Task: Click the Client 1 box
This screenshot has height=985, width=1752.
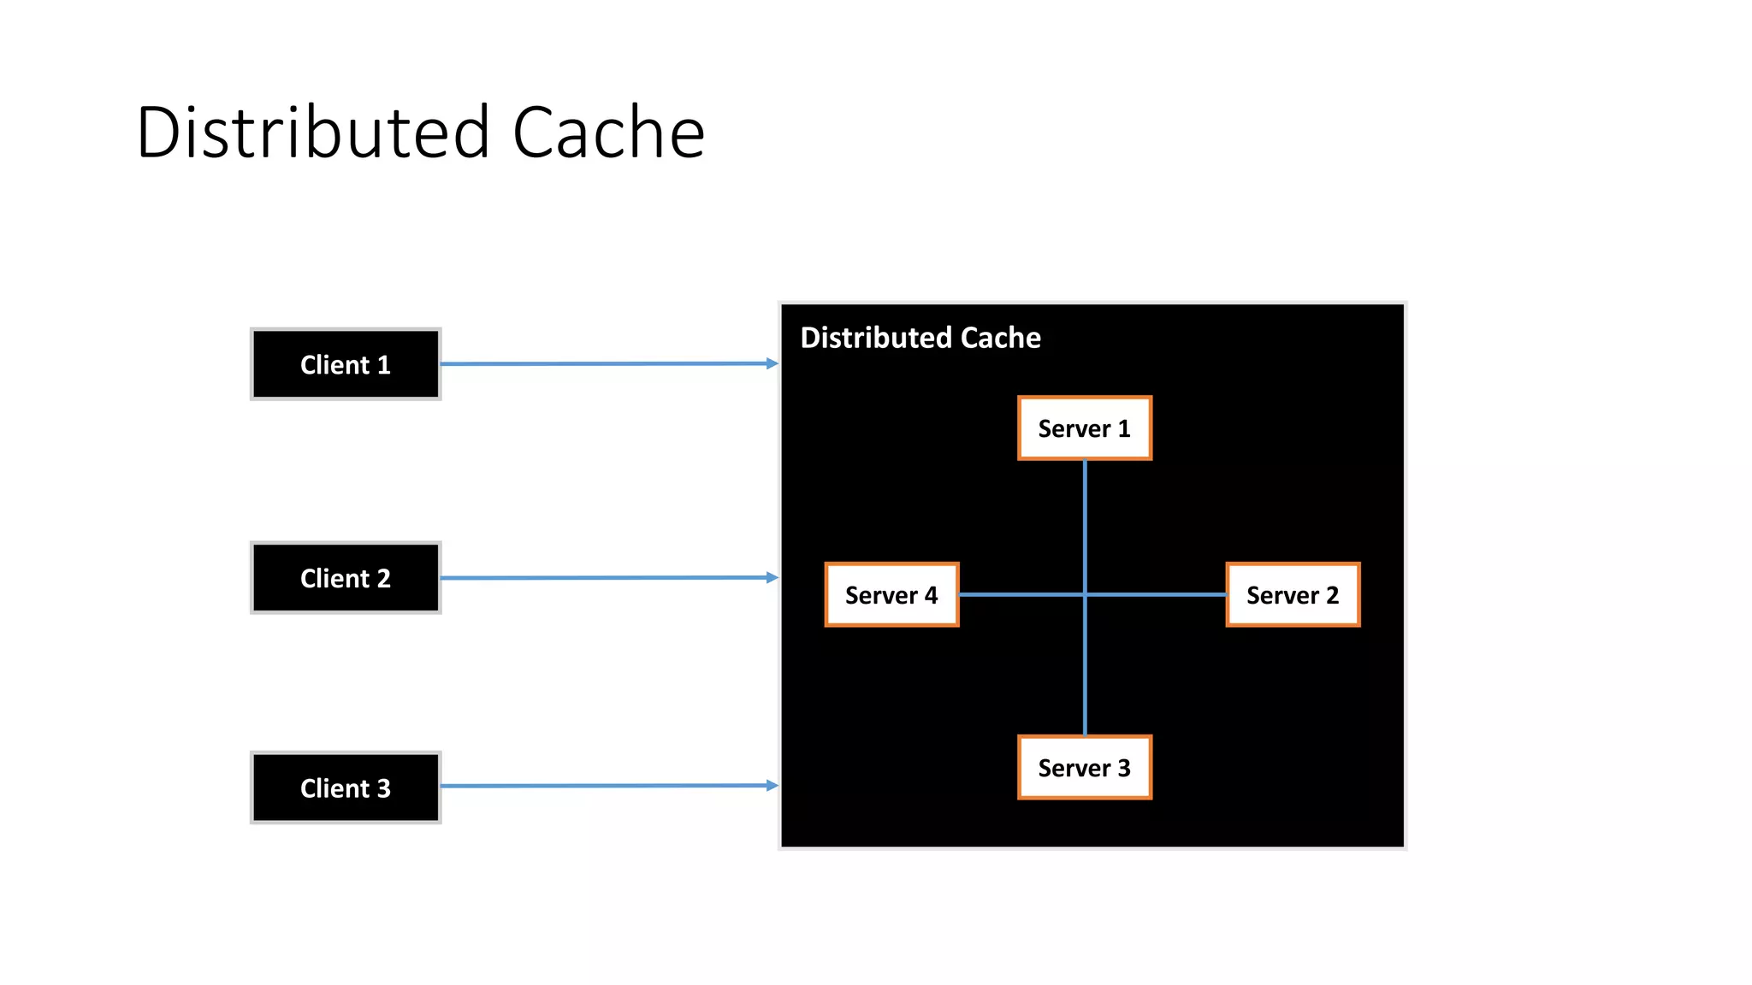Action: (x=346, y=364)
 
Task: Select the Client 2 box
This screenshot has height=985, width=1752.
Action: (x=346, y=578)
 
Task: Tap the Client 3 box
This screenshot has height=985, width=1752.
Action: (x=346, y=787)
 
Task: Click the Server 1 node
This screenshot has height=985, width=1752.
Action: (x=1084, y=428)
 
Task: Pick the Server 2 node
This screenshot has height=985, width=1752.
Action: (x=1293, y=595)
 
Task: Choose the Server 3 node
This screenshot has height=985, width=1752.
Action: (x=1084, y=768)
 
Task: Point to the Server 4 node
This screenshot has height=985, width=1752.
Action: (x=891, y=595)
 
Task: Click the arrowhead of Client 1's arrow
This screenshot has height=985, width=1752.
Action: (x=772, y=363)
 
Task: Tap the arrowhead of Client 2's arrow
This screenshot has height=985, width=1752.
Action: (x=772, y=577)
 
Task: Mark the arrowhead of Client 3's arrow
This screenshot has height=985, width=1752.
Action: (x=772, y=785)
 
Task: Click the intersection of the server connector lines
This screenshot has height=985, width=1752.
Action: (x=1085, y=594)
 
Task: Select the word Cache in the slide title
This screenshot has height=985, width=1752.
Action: (x=608, y=133)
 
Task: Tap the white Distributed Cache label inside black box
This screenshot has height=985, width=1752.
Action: (x=920, y=338)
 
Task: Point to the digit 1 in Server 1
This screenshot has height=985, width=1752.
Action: (x=1124, y=428)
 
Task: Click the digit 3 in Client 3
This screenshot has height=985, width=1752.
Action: (x=383, y=787)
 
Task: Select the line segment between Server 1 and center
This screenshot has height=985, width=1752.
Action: (x=1085, y=526)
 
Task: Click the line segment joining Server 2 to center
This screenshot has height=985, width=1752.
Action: (x=1155, y=594)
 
